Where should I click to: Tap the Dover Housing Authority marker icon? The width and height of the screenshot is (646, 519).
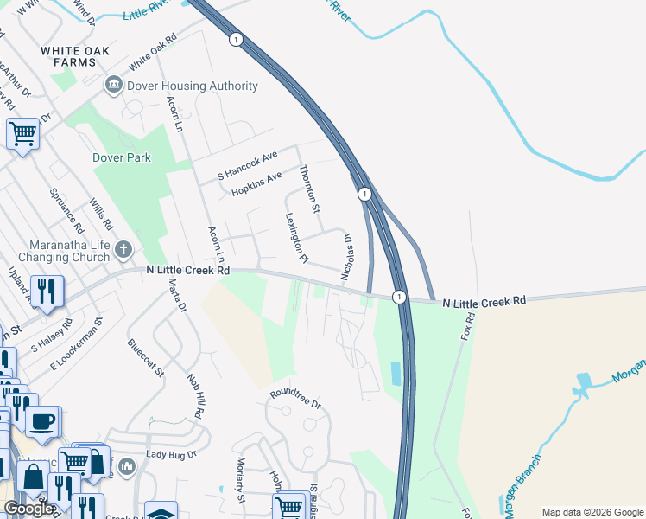tap(112, 86)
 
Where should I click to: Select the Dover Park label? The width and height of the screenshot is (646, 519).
tap(122, 157)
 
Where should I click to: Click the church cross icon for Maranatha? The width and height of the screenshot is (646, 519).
tap(123, 251)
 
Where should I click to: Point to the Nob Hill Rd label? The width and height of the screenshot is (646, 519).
tap(193, 397)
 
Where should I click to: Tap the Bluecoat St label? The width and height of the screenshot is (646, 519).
tap(145, 358)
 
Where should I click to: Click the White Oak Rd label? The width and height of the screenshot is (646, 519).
tap(152, 53)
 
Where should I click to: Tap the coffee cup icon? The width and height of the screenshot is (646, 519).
tap(41, 422)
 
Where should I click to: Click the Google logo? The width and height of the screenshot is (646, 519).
tap(29, 509)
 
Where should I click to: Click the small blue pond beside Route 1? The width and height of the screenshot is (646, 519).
tap(396, 374)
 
